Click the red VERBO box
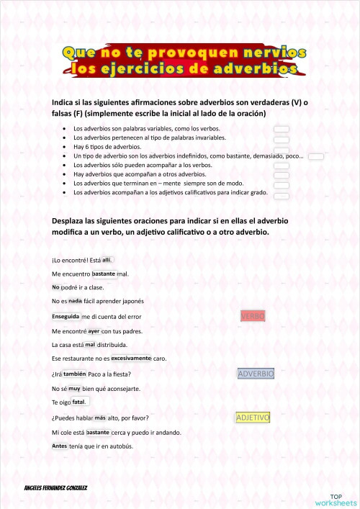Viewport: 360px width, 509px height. [253, 316]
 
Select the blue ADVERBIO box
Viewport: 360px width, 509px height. [256, 374]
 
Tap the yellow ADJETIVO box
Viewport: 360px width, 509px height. [253, 418]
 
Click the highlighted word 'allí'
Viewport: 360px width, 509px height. [107, 260]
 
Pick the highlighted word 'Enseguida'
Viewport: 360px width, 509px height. [66, 316]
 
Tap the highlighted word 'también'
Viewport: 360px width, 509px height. [74, 374]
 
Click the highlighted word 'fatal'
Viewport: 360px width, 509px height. [78, 402]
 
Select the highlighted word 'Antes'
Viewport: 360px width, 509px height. [60, 446]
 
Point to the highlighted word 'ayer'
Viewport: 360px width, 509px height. [94, 331]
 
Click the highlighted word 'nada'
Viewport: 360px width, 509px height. [75, 301]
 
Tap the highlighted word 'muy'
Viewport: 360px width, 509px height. [74, 388]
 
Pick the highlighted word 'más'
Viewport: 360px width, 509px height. [100, 418]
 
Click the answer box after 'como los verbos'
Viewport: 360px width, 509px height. [282, 128]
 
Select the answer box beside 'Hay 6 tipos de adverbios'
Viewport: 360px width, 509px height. [282, 147]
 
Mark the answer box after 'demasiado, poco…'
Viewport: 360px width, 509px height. [316, 156]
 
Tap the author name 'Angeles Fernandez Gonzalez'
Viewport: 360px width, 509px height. [55, 487]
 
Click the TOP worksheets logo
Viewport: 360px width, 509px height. [336, 500]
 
